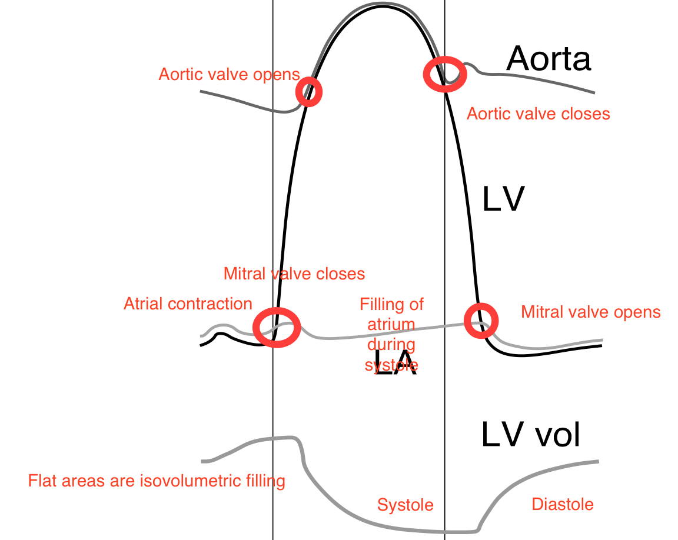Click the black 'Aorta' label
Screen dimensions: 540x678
coord(549,59)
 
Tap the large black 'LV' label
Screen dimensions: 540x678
coord(503,200)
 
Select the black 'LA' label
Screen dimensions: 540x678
coord(395,366)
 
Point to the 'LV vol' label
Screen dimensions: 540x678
coord(531,435)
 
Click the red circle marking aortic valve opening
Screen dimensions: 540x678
coord(309,92)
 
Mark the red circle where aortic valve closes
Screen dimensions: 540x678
coord(445,74)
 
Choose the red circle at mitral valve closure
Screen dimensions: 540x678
coord(277,327)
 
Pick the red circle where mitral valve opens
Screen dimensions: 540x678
coord(481,321)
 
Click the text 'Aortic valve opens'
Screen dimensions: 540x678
coord(229,75)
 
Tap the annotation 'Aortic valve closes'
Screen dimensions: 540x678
coord(538,114)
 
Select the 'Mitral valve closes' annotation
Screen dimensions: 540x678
coord(294,274)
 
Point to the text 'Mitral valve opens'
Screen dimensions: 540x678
coord(591,312)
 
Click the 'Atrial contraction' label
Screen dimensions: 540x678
coord(188,304)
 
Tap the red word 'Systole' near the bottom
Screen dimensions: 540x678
coord(405,505)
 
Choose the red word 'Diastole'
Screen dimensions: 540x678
coord(562,504)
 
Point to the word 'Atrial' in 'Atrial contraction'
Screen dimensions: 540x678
coord(144,304)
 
